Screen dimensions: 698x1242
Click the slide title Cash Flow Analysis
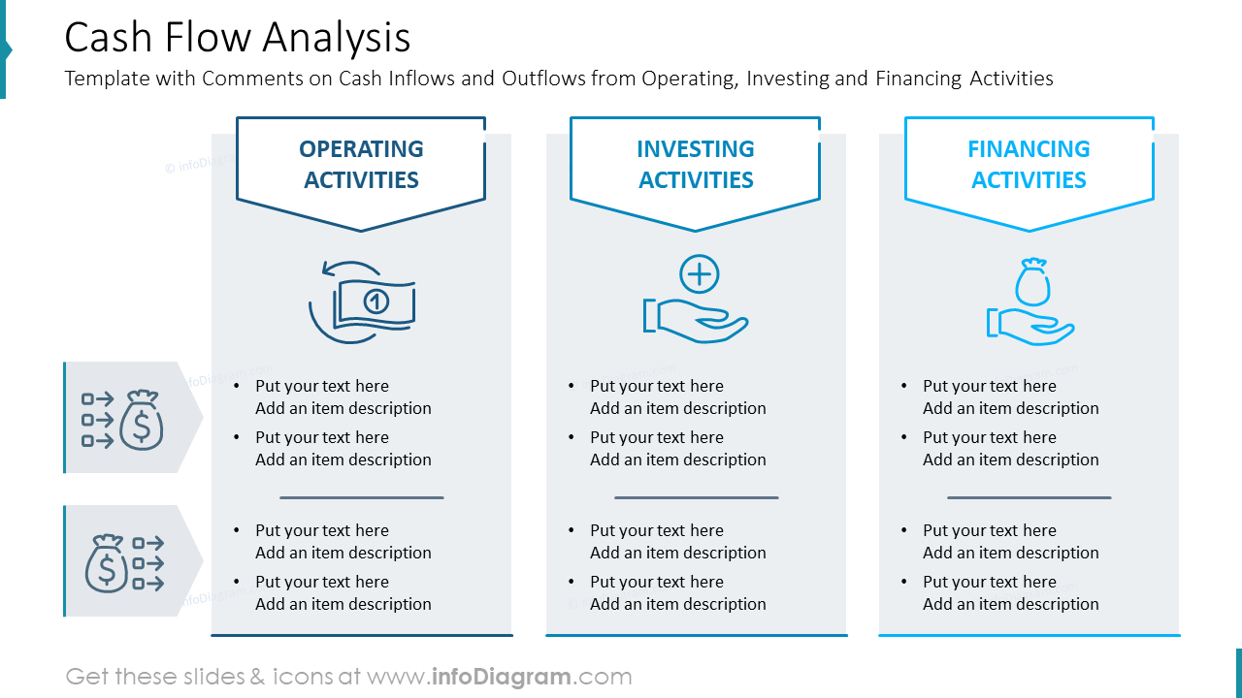pos(238,38)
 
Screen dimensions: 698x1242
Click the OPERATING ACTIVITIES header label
pos(361,164)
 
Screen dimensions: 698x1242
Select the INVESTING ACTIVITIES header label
pos(696,164)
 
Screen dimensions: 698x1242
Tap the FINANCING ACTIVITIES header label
pos(1029,164)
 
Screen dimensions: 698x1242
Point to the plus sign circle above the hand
pos(699,274)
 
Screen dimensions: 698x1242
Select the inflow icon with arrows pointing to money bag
pos(122,419)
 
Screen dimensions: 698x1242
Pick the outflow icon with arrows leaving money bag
pos(124,563)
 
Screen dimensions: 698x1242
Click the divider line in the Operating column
pos(361,497)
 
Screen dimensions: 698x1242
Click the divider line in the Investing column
pos(696,497)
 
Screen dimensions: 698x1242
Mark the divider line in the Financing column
pos(1029,497)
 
